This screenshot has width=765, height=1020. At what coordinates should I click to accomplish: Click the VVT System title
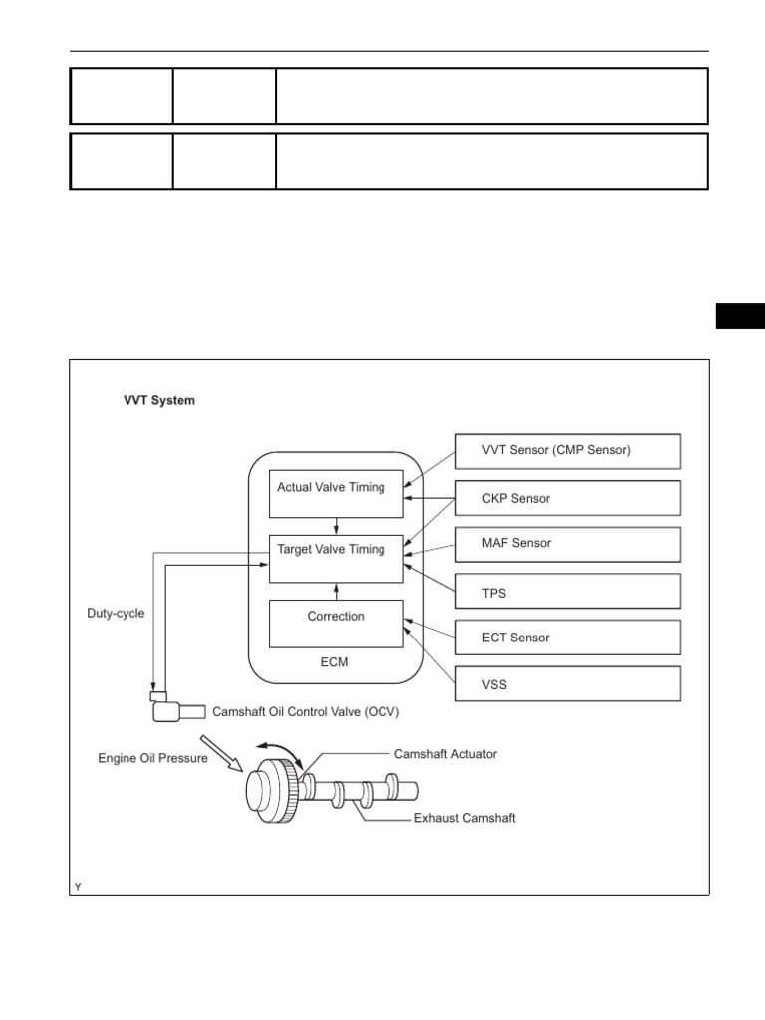159,401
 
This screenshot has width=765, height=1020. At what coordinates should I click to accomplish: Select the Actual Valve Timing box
336,493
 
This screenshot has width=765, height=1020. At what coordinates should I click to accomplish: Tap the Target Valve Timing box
336,559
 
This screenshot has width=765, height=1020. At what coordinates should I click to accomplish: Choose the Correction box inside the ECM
336,624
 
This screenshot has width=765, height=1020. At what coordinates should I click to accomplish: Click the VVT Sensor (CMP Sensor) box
568,451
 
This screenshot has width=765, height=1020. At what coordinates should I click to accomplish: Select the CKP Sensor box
568,498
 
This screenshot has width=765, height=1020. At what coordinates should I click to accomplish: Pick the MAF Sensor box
568,544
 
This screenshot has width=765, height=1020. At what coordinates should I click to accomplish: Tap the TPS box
568,591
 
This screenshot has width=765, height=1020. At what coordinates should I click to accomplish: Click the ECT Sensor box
568,637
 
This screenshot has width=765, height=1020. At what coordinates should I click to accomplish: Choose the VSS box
568,684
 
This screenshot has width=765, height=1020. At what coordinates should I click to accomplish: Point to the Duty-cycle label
116,614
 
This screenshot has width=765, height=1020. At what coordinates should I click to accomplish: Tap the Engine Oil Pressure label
152,758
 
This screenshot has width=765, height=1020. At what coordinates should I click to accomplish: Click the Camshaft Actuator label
445,754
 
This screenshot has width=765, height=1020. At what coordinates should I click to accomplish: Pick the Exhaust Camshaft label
464,819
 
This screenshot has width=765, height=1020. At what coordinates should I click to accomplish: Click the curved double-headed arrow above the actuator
278,749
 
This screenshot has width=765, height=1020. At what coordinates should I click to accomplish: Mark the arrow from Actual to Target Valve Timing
337,526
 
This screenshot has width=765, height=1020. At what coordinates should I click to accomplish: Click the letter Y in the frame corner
77,886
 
